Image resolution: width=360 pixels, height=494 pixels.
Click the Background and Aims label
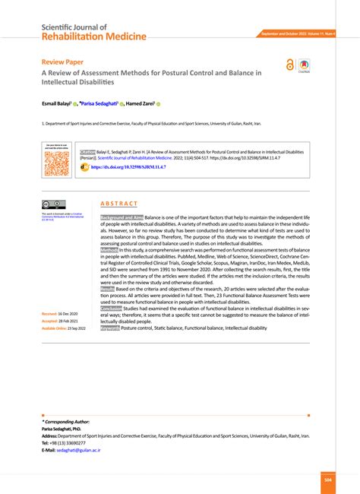(x=122, y=217)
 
